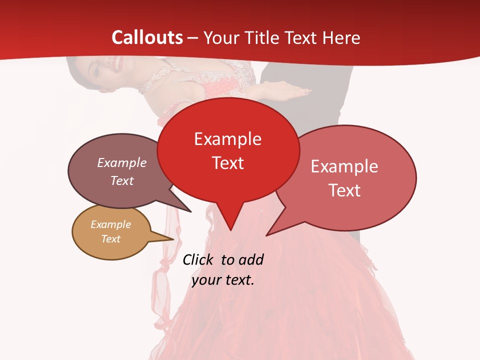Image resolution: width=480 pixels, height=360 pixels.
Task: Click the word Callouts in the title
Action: pyautogui.click(x=147, y=37)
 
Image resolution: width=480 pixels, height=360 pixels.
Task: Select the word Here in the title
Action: pyautogui.click(x=342, y=37)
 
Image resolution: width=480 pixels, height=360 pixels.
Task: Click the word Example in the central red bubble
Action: pyautogui.click(x=227, y=139)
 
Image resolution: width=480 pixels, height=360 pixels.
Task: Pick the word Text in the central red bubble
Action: pyautogui.click(x=227, y=163)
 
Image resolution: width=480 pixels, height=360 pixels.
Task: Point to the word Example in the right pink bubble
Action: pyautogui.click(x=344, y=166)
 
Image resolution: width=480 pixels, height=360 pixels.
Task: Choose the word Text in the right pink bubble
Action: pyautogui.click(x=344, y=190)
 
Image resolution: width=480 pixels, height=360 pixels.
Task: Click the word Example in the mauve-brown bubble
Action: pyautogui.click(x=122, y=162)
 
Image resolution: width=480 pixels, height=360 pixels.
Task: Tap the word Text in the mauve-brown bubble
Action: pyautogui.click(x=122, y=180)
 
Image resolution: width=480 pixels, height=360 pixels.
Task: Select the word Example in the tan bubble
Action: pyautogui.click(x=110, y=224)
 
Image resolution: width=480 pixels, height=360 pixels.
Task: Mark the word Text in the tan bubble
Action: pyautogui.click(x=110, y=239)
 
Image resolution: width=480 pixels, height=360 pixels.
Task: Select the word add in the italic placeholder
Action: pyautogui.click(x=251, y=259)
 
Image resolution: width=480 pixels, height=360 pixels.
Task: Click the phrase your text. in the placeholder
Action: pyautogui.click(x=223, y=280)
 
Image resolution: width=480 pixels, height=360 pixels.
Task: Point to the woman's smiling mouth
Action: pyautogui.click(x=117, y=63)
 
